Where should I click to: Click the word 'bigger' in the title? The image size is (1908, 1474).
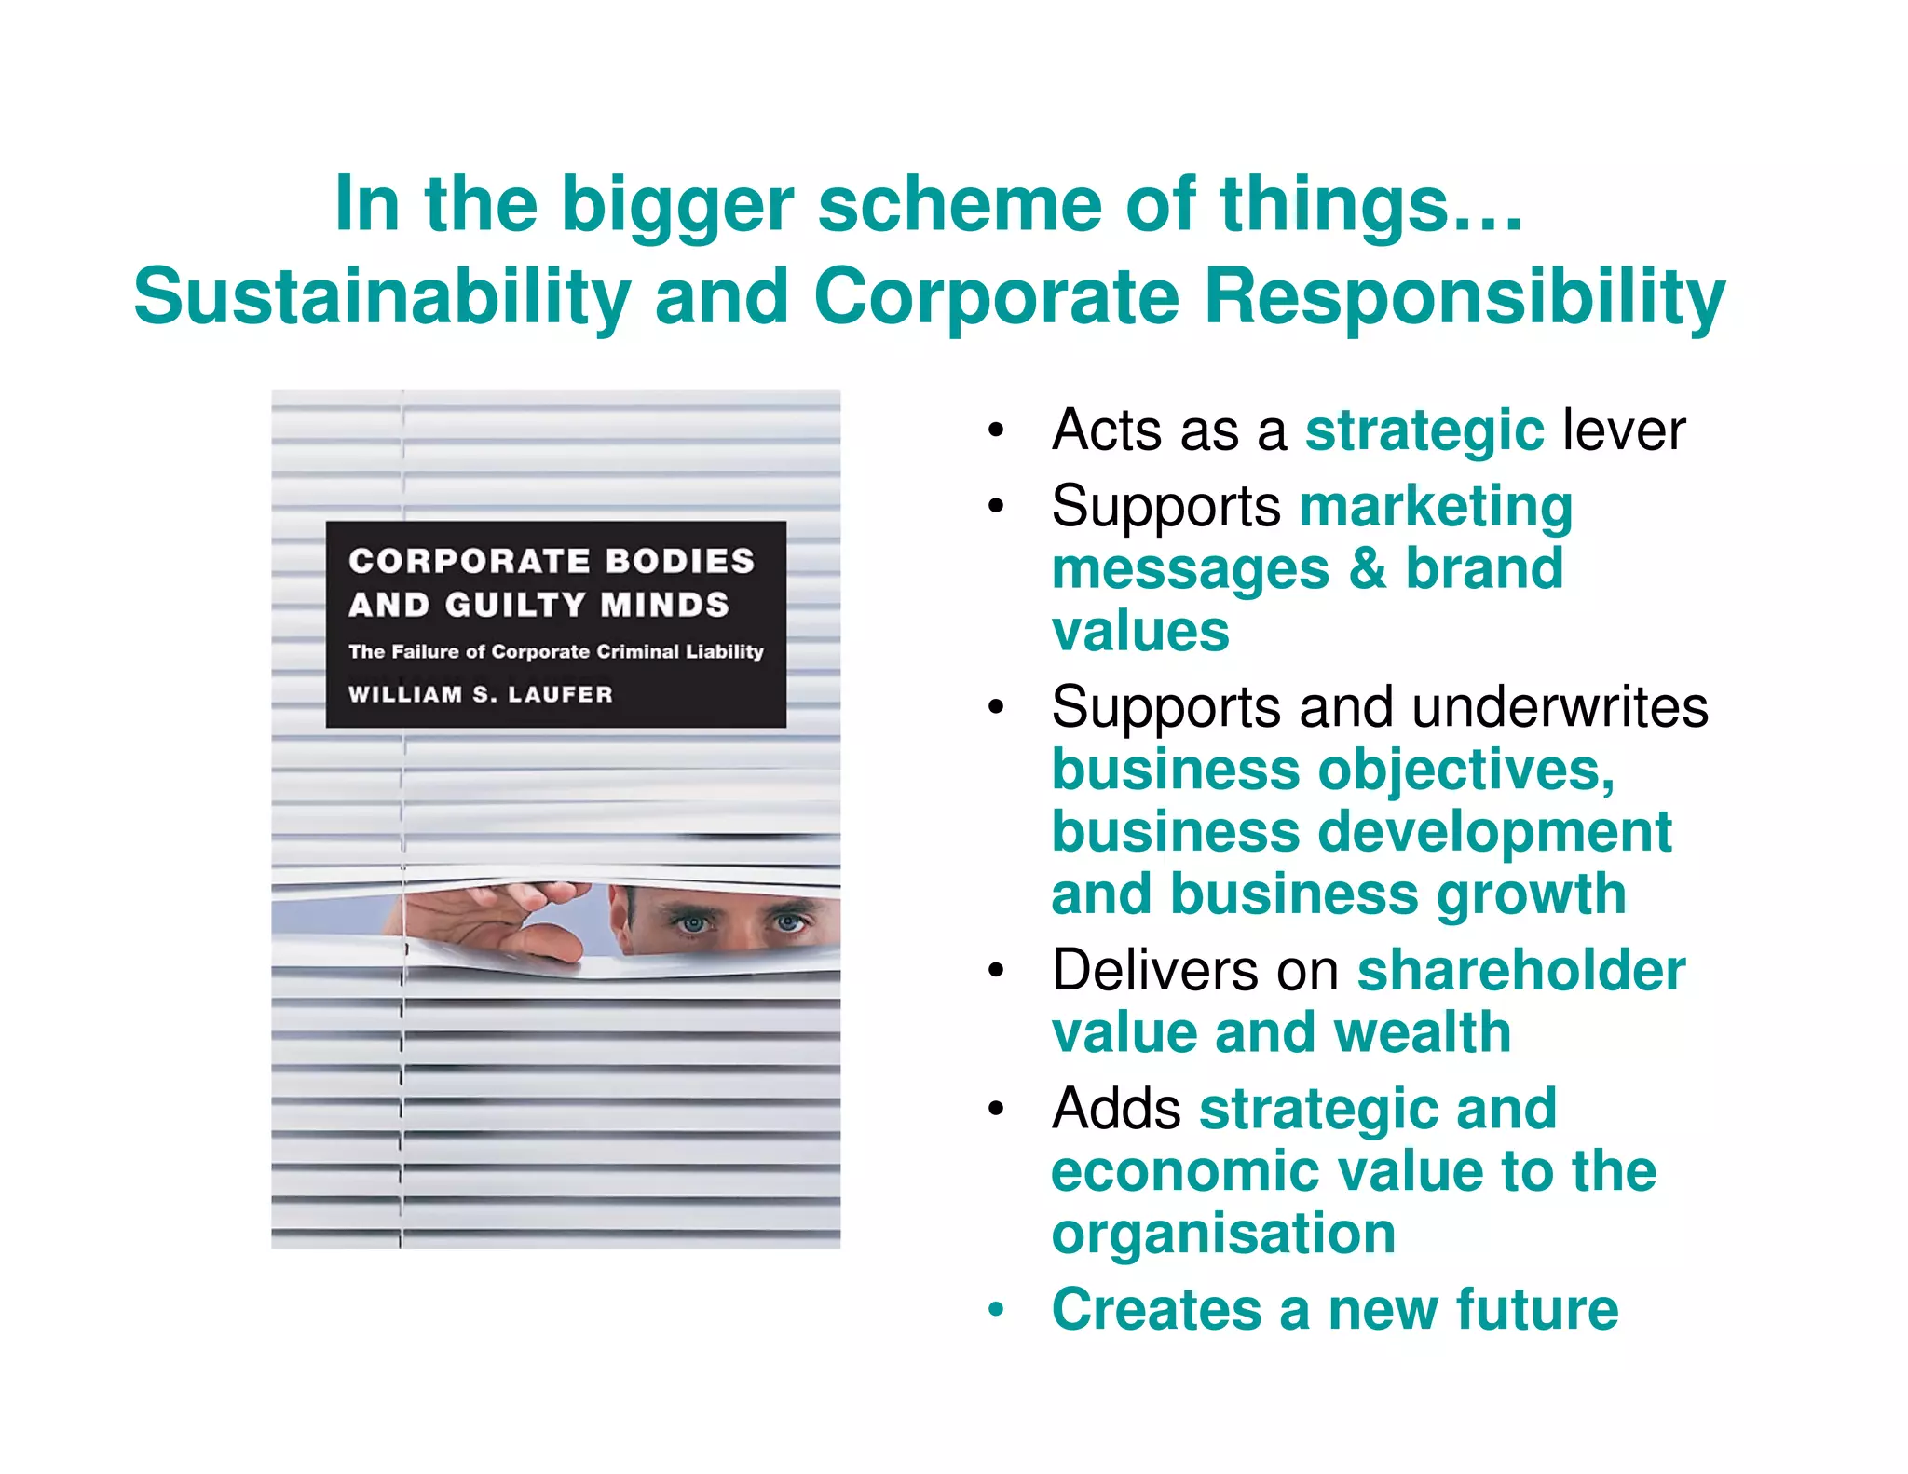[677, 207]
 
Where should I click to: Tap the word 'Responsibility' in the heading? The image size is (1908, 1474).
[1465, 297]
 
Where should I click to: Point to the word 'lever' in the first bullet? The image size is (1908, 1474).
[1624, 430]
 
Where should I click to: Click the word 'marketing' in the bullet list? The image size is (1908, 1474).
[1436, 508]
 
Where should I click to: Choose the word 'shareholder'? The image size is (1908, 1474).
[1520, 971]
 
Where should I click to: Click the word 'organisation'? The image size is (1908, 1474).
[1223, 1235]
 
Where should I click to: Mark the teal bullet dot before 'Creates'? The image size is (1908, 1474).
[996, 1309]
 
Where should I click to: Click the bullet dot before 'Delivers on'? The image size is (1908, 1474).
[996, 971]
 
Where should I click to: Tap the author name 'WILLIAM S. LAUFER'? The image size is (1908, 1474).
[481, 694]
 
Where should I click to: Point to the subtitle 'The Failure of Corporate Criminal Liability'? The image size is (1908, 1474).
[555, 651]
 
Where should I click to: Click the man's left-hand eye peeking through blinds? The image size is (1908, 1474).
[692, 922]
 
